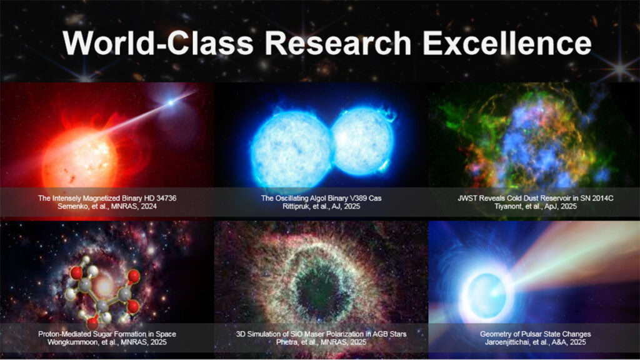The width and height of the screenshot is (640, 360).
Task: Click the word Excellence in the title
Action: pyautogui.click(x=507, y=43)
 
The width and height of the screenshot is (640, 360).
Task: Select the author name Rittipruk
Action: pyautogui.click(x=296, y=206)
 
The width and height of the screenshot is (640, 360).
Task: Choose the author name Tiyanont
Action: pyautogui.click(x=507, y=206)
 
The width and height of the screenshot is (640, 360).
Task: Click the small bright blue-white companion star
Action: pyautogui.click(x=171, y=102)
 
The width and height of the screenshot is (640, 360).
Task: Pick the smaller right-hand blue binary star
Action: pyautogui.click(x=362, y=141)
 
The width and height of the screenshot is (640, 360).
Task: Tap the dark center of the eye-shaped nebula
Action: pyautogui.click(x=317, y=289)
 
